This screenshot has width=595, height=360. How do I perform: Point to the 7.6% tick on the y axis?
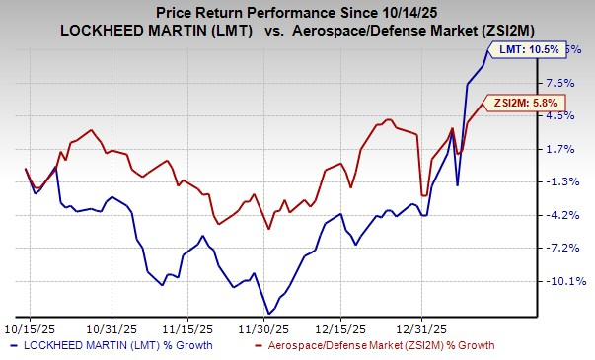pos(559,83)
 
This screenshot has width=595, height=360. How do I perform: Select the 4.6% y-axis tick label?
pos(559,115)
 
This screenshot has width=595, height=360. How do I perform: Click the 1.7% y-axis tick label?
pos(559,149)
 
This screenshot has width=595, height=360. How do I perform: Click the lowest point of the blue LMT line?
pos(267,314)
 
